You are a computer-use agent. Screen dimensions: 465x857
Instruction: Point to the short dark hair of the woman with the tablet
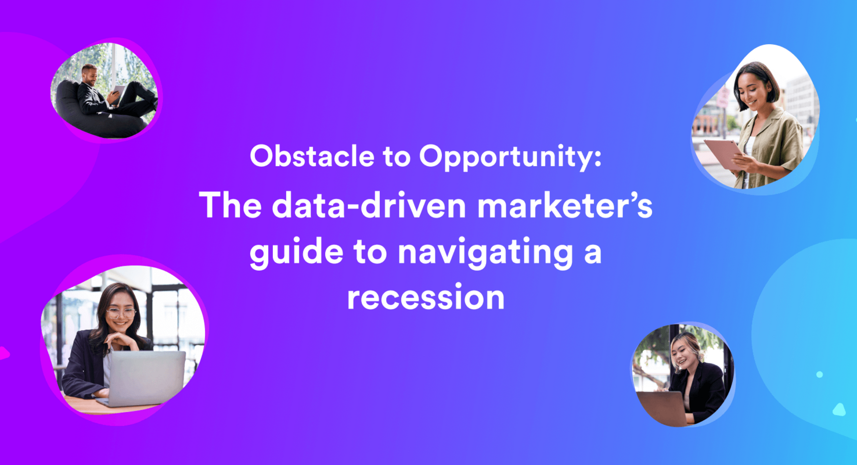755,78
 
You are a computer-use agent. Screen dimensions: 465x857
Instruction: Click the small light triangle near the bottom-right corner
838,409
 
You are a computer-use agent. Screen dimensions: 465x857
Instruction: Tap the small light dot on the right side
819,374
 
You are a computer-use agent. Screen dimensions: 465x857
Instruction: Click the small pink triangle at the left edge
3,353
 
